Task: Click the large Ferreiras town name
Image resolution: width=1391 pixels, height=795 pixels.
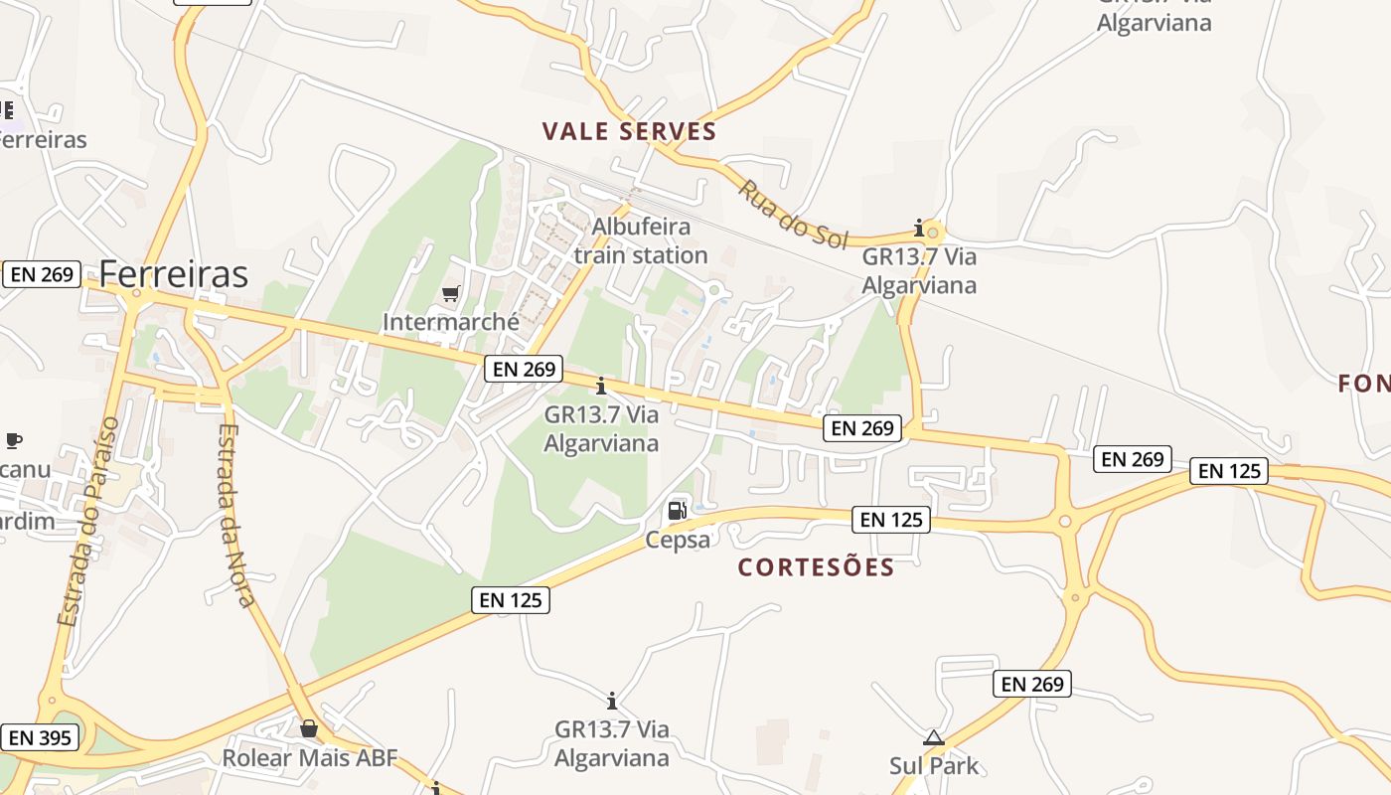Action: [x=174, y=273]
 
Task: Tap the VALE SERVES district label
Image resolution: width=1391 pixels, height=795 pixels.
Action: [x=629, y=131]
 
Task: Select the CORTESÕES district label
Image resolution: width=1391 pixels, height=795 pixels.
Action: [x=816, y=567]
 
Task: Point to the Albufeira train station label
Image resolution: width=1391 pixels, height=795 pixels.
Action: [x=641, y=240]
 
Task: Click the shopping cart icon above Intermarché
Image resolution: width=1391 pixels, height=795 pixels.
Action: [x=450, y=294]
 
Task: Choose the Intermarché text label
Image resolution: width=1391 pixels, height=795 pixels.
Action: [x=451, y=322]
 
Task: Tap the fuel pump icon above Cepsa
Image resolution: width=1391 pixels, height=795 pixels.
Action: [x=678, y=511]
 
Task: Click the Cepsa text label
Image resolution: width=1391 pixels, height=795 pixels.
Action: [x=678, y=540]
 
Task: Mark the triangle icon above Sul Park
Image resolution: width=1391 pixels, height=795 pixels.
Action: [x=932, y=737]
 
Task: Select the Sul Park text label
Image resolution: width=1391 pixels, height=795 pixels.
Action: [x=934, y=766]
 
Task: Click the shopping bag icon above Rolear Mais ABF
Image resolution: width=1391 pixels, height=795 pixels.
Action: [x=309, y=729]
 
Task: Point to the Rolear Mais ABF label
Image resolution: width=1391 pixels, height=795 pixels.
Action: [x=309, y=758]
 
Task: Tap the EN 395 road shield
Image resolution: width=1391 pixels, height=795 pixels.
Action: [x=40, y=737]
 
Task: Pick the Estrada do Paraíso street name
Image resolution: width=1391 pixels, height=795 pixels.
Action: [x=88, y=522]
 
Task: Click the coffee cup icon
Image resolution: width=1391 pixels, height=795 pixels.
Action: [x=13, y=439]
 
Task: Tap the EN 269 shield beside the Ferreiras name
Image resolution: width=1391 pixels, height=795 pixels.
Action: [x=41, y=274]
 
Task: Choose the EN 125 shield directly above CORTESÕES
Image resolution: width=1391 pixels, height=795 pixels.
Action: [x=891, y=519]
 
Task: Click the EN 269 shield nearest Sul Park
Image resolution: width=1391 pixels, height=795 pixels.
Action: [x=1032, y=684]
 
